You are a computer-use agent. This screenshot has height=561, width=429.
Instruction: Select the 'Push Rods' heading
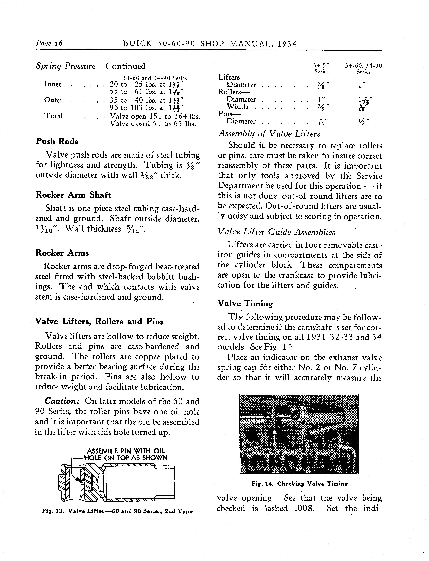pyautogui.click(x=57, y=141)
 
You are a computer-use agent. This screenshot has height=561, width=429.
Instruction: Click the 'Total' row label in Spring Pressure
pyautogui.click(x=53, y=116)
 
